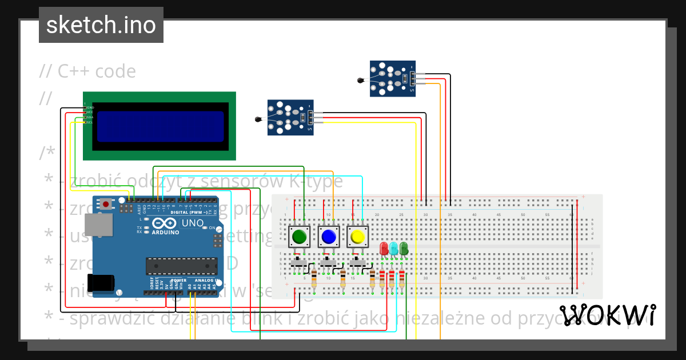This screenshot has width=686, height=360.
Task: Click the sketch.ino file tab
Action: click(x=101, y=25)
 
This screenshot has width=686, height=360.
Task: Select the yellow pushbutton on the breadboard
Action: click(x=358, y=236)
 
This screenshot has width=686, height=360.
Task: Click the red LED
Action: click(x=384, y=249)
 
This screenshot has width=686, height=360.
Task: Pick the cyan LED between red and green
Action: click(x=394, y=249)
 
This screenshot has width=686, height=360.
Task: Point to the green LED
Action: click(x=404, y=248)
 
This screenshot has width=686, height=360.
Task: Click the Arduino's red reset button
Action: click(x=106, y=203)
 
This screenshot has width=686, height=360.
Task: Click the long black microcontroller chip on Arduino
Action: click(x=181, y=266)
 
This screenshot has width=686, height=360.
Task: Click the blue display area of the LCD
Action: click(x=160, y=126)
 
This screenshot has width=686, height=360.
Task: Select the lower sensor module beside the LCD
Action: click(x=290, y=117)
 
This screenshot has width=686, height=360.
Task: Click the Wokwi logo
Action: click(x=607, y=315)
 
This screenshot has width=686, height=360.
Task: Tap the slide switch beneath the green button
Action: click(x=298, y=263)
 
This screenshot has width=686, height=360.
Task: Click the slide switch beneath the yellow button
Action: click(x=357, y=263)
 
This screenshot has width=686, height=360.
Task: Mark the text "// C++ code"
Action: click(x=87, y=71)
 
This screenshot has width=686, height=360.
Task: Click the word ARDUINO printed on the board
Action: click(x=165, y=232)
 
